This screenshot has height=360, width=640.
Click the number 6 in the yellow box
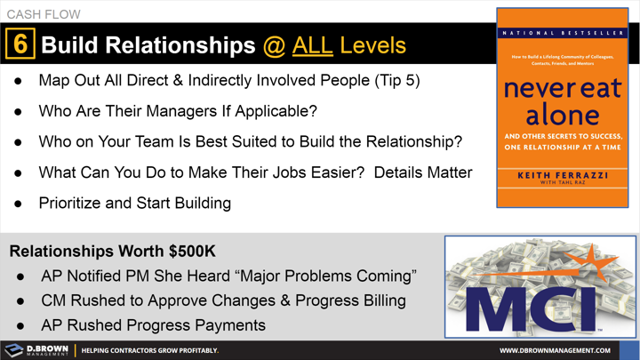(19, 44)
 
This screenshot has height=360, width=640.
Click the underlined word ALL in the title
(311, 44)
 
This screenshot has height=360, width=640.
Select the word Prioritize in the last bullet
(74, 203)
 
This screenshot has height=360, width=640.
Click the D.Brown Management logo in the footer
(36, 349)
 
